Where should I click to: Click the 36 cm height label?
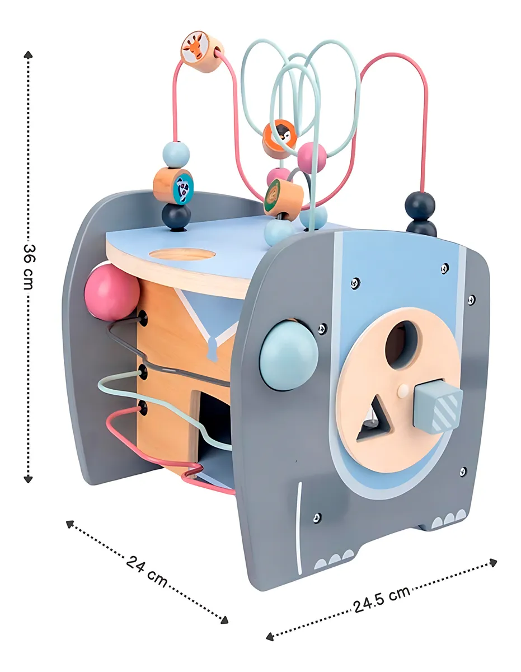tap(30, 267)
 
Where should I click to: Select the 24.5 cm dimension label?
tap(381, 599)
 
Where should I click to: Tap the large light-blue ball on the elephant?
tap(289, 355)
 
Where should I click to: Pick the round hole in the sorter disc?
tap(402, 344)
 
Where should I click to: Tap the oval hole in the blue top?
tap(182, 254)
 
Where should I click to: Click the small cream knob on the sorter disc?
tap(402, 391)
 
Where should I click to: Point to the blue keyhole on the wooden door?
tap(212, 349)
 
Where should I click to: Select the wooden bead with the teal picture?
tap(173, 186)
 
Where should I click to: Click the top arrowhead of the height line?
tap(28, 55)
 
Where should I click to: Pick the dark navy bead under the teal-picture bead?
tap(176, 217)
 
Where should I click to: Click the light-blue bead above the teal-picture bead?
tap(176, 155)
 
